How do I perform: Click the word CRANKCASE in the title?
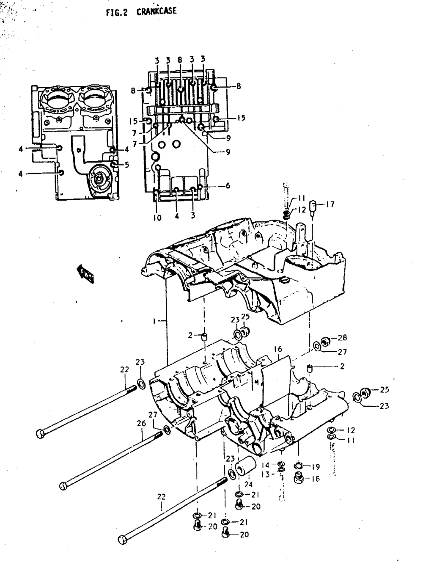coord(156,11)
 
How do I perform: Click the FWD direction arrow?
coord(85,273)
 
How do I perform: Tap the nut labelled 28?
coord(326,341)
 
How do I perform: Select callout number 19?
coord(315,467)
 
